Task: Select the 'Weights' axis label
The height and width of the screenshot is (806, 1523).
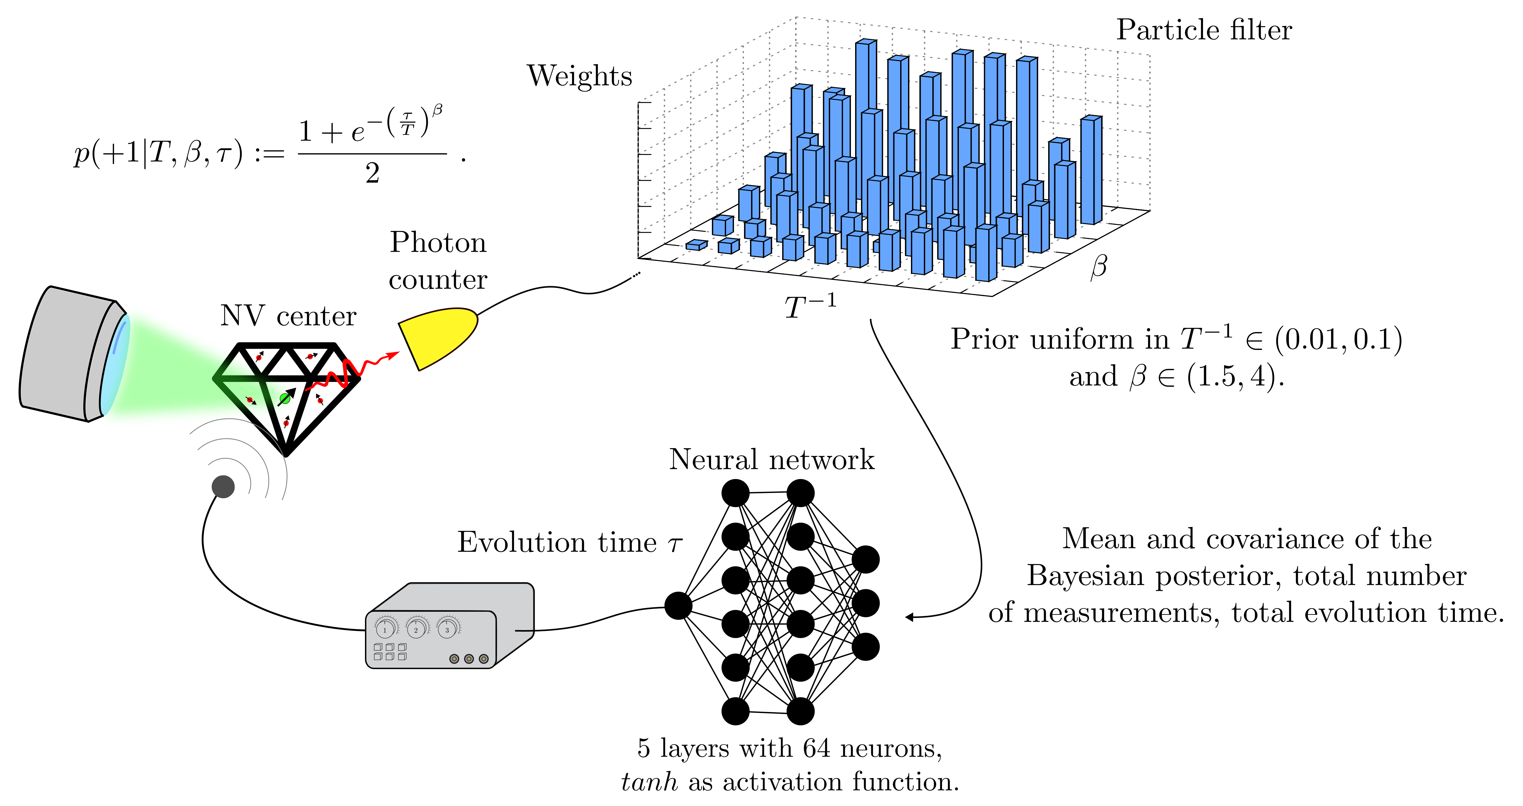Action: coord(579,76)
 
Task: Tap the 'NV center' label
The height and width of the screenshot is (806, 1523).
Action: coord(289,316)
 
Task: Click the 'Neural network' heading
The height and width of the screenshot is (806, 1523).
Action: coord(772,460)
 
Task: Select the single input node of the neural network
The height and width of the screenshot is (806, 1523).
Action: coord(678,606)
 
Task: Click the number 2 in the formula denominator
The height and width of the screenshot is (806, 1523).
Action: coord(372,173)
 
